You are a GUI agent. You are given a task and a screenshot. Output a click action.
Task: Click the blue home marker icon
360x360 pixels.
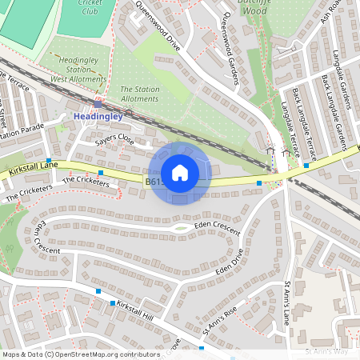pos(180,173)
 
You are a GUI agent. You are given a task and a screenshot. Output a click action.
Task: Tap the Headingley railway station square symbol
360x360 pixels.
pos(98,103)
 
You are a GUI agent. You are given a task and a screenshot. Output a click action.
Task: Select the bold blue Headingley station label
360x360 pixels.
pos(98,116)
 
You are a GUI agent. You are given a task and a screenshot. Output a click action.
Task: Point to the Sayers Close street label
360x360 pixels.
pos(114,139)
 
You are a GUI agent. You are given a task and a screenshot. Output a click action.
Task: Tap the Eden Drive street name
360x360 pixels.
pos(228,267)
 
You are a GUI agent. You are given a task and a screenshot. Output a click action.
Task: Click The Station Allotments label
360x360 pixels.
pos(139,94)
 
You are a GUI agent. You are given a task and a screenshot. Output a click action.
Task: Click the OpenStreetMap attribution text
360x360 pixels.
pos(70,354)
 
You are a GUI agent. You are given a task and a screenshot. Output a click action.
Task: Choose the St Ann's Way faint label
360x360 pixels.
pos(328,350)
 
